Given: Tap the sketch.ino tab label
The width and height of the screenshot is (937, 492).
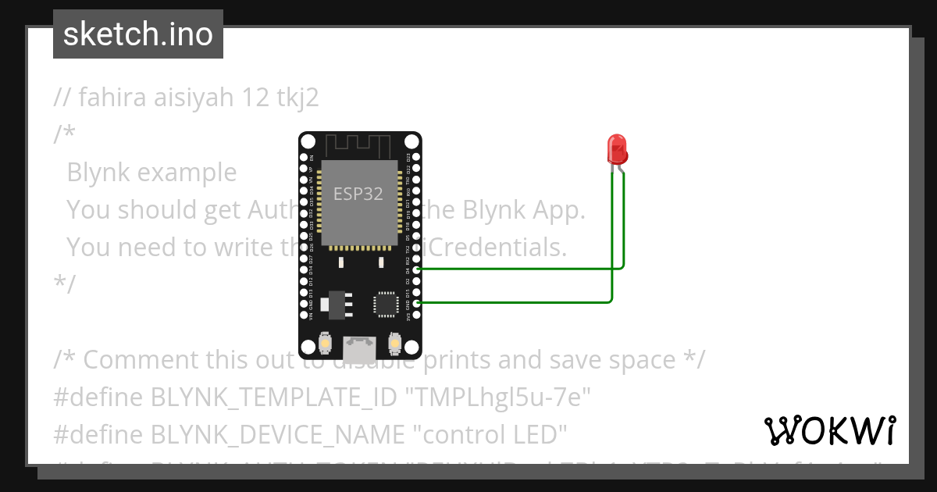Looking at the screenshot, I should pos(138,34).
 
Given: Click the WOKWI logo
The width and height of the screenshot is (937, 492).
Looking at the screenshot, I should pos(829,430).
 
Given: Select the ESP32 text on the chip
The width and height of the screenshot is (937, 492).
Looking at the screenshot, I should pos(358,194).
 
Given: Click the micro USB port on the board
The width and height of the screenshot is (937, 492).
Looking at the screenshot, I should pos(359,344).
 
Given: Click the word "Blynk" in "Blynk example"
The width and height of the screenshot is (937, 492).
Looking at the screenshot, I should pos(98,172).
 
